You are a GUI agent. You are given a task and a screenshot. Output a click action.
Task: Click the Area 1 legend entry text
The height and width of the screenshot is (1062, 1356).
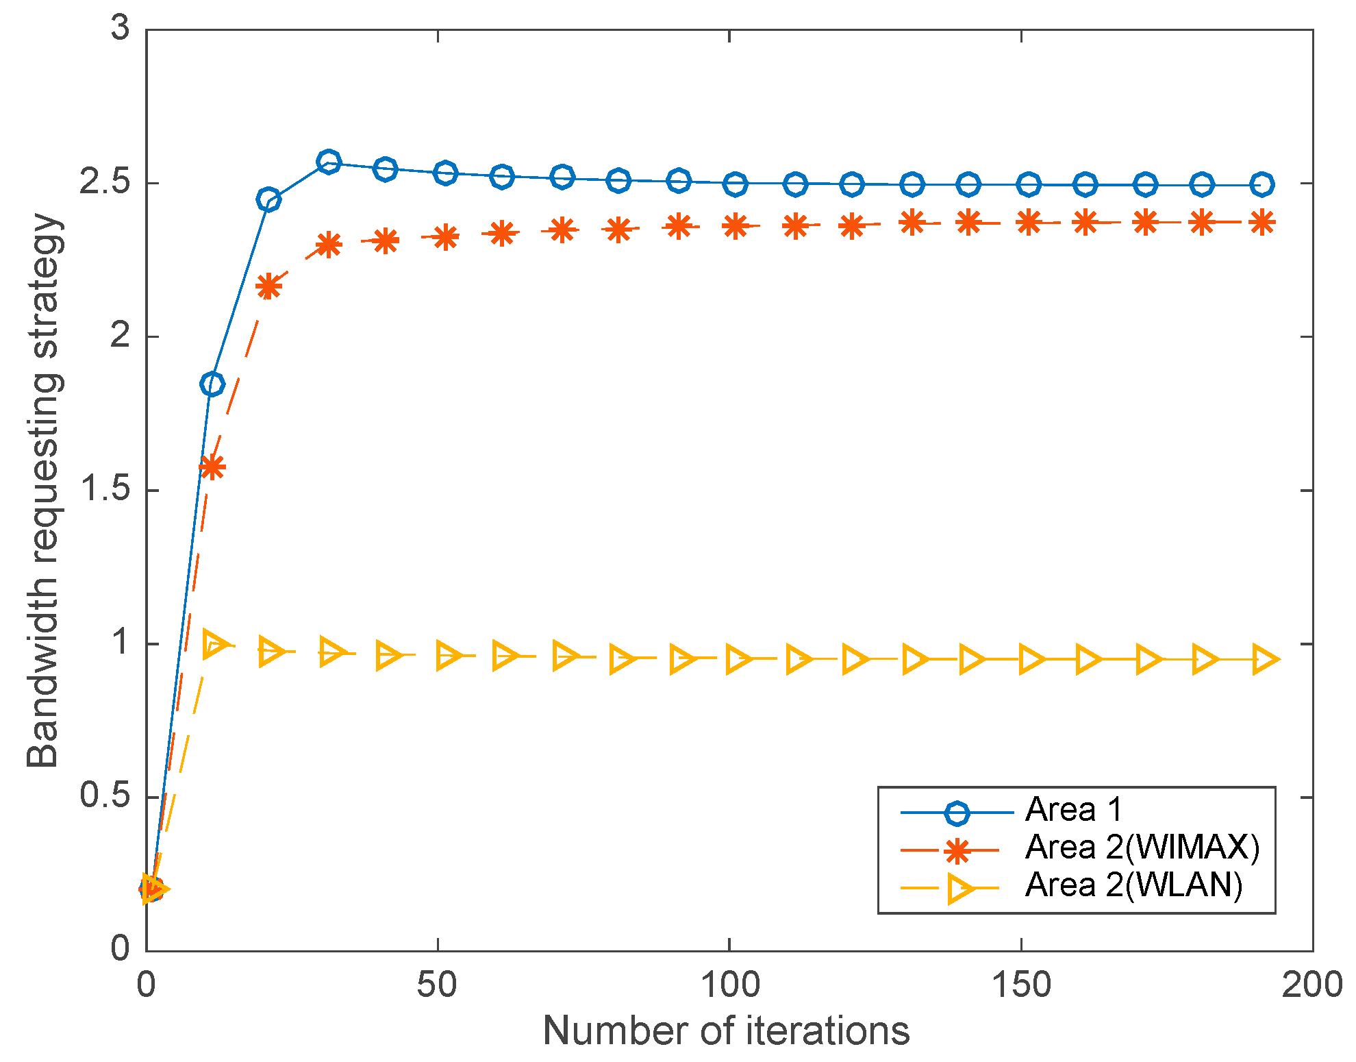coord(1073,810)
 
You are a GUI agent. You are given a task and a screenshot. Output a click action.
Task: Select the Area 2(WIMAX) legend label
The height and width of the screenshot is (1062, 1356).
coord(1142,848)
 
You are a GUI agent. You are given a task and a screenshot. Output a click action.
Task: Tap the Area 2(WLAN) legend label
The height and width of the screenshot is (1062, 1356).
coord(1133,885)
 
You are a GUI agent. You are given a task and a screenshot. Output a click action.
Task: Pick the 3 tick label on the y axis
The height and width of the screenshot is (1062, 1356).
coord(121,29)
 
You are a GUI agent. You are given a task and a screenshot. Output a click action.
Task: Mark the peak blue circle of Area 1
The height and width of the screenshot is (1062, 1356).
coord(329,162)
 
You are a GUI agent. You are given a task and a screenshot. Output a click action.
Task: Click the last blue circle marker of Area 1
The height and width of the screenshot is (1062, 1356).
coord(1261,184)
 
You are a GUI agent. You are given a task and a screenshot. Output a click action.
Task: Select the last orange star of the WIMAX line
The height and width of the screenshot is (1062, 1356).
coord(1261,223)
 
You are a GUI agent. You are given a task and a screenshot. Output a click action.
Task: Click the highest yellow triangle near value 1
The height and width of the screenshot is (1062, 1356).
coord(214,645)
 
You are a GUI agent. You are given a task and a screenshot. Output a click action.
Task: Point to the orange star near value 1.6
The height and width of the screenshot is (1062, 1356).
coord(212,467)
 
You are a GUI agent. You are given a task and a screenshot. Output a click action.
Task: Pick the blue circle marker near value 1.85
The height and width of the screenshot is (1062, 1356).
coord(212,384)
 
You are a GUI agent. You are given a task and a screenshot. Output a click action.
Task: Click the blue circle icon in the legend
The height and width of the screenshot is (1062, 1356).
coord(956,813)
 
